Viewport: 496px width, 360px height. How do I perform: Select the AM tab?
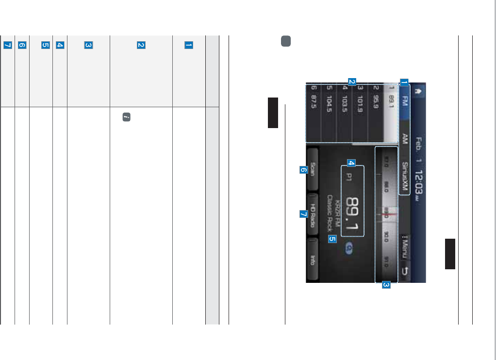404,140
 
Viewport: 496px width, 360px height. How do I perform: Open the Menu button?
404,246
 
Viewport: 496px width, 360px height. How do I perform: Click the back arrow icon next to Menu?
404,272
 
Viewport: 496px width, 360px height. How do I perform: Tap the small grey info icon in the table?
126,117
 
